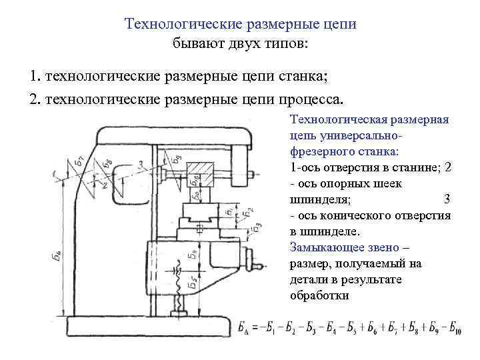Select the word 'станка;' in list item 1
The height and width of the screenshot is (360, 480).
tap(304, 75)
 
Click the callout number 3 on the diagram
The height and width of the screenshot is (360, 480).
tap(140, 163)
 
